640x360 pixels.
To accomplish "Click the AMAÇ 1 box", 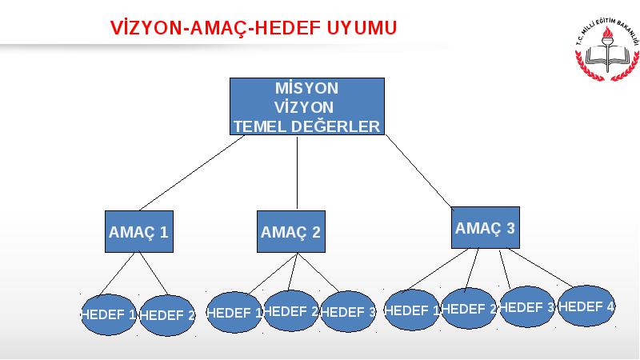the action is click(139, 231).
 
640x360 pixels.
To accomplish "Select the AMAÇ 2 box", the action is click(291, 231).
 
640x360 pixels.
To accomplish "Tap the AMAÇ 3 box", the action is click(486, 227).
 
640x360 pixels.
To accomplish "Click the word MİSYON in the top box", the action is click(306, 88).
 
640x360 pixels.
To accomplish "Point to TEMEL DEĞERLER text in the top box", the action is click(306, 126).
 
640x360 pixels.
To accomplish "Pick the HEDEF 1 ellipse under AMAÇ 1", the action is click(109, 314).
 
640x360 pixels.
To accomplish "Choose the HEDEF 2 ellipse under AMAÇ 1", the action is click(167, 315).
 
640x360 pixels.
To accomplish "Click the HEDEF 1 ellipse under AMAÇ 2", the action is click(234, 312).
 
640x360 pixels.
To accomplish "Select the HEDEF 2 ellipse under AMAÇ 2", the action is click(291, 310).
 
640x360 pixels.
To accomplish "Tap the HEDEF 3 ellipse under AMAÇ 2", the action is click(348, 311).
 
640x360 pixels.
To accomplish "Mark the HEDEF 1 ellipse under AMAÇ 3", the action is click(412, 310).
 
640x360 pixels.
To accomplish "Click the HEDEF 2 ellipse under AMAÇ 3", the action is click(469, 308).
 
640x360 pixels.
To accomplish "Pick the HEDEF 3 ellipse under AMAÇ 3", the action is click(527, 306).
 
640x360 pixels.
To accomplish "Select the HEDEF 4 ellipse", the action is click(586, 306).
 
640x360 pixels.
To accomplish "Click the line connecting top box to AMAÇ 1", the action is click(192, 173).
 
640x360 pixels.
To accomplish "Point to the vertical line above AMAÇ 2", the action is click(297, 173).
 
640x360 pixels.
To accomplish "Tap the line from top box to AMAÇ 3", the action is click(419, 172).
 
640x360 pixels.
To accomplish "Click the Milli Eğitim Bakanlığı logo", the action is click(607, 50).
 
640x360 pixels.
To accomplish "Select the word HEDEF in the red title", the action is click(289, 28).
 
